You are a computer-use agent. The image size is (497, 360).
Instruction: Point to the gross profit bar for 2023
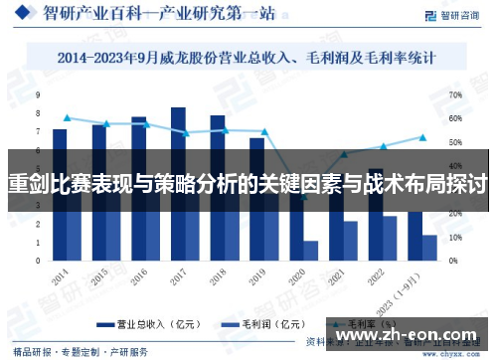[x=429, y=248]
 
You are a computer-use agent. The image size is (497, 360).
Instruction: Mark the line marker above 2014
[x=67, y=118]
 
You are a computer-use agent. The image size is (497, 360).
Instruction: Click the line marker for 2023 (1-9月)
[x=422, y=137]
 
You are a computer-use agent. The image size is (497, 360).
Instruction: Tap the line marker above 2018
[x=225, y=130]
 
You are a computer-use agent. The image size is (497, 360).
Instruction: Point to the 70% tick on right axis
[x=455, y=94]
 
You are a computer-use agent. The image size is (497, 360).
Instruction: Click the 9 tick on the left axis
[x=38, y=94]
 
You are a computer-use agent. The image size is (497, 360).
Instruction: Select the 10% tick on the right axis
[x=455, y=238]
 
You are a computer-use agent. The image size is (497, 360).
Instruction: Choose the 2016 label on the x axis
[x=140, y=273]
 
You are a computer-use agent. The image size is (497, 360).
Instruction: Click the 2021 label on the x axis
[x=338, y=274]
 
